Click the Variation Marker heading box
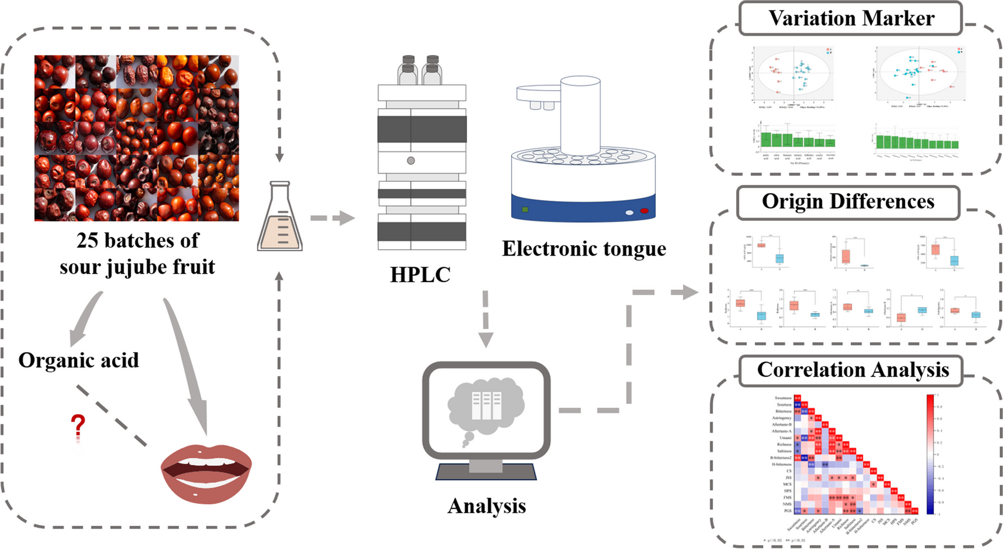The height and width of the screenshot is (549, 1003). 851,18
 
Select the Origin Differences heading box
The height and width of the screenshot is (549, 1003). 848,202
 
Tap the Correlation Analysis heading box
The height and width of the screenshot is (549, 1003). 852,370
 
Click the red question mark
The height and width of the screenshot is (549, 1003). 78,425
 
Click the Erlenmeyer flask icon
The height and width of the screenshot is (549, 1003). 280,218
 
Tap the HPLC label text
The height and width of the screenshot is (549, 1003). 420,275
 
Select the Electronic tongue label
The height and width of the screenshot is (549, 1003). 584,249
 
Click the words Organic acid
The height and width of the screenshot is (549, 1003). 78,360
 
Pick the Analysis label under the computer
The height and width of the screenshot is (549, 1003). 486,506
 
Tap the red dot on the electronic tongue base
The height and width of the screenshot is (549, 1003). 644,211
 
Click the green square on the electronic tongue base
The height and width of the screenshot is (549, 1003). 525,210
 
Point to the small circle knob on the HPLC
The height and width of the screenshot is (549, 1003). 411,161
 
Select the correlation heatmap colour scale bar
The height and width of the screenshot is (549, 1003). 930,453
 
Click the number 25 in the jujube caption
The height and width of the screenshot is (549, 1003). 88,241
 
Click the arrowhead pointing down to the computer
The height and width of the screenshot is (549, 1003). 486,339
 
